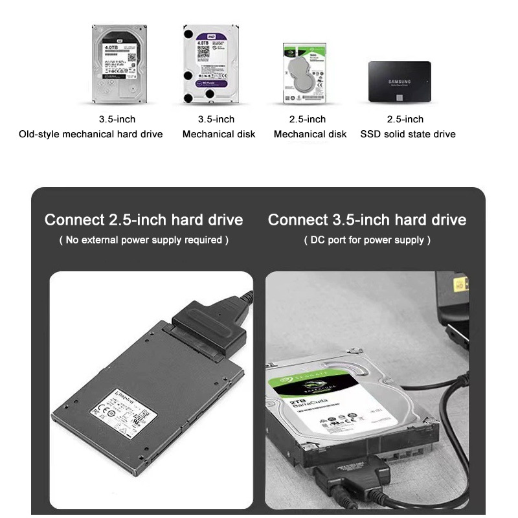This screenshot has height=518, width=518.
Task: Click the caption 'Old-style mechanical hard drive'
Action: pyautogui.click(x=91, y=134)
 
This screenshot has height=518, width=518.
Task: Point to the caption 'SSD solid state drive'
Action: pyautogui.click(x=408, y=134)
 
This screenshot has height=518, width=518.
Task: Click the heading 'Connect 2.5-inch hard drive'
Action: pyautogui.click(x=144, y=220)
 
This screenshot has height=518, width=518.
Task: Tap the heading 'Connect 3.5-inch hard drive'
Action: pyautogui.click(x=367, y=220)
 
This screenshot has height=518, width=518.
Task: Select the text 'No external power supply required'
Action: pyautogui.click(x=144, y=240)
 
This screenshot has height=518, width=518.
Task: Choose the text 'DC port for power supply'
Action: pyautogui.click(x=367, y=240)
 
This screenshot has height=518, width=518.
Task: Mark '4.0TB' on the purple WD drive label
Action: pyautogui.click(x=198, y=41)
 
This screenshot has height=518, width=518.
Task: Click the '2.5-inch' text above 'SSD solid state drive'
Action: pyautogui.click(x=405, y=119)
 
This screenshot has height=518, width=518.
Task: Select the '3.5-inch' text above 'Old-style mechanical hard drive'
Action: pyautogui.click(x=117, y=119)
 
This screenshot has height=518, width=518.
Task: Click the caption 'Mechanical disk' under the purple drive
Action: pyautogui.click(x=219, y=134)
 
